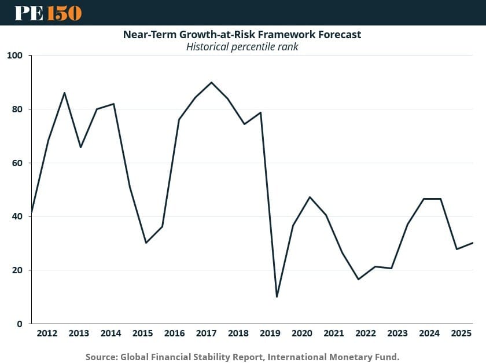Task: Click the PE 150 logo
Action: coord(48,13)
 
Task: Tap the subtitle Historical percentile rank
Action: coord(242,47)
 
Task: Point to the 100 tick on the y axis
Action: coord(14,56)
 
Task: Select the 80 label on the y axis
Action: coord(17,109)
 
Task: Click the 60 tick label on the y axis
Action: coord(17,163)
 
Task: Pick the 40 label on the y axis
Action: coord(17,217)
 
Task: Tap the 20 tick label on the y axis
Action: coord(17,270)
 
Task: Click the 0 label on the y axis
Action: coord(19,324)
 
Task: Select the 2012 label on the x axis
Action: coord(47,333)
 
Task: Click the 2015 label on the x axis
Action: coord(142,333)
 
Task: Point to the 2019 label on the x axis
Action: coord(270,333)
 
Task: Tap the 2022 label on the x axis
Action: coord(365,333)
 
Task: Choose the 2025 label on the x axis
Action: coord(461,333)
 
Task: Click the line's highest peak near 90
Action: coord(211,82)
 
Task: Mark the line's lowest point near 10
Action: coord(277,297)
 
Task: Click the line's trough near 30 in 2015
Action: coord(146,243)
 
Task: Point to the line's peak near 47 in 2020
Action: coord(310,197)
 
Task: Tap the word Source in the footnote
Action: coord(100,357)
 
